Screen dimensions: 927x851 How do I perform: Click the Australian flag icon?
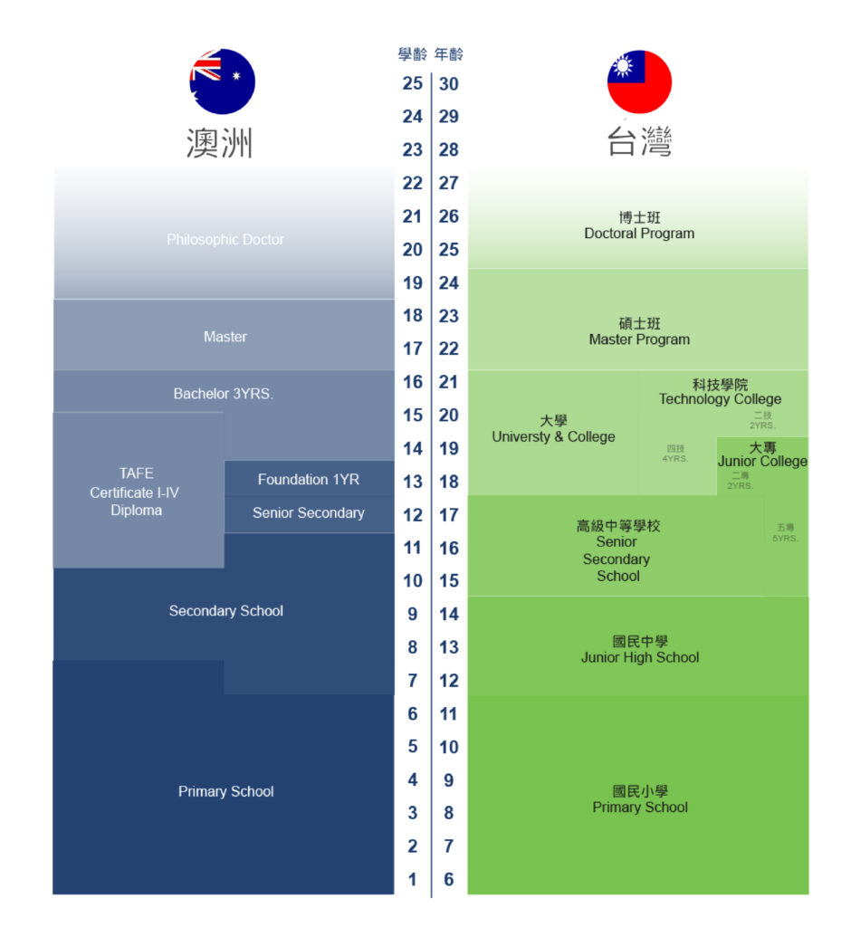(x=222, y=81)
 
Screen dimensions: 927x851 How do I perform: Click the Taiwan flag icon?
(x=639, y=81)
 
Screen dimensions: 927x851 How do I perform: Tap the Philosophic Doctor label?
(x=225, y=240)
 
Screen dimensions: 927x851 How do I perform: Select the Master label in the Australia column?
(x=225, y=337)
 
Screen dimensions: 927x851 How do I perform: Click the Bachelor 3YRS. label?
(x=223, y=394)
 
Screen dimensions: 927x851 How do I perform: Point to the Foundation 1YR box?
(x=309, y=480)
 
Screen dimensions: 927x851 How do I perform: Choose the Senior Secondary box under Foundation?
(x=309, y=513)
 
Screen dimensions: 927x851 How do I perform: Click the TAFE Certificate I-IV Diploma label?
(x=137, y=492)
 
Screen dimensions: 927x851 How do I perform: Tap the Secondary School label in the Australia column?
(x=226, y=611)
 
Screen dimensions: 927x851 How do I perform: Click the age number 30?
(x=449, y=84)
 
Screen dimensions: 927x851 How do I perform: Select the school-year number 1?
(x=413, y=879)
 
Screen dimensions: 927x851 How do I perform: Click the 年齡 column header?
(x=449, y=55)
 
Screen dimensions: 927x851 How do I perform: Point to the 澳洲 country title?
(x=219, y=143)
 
